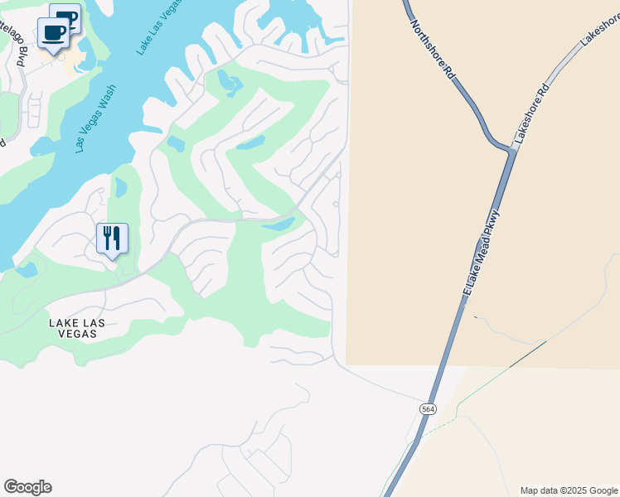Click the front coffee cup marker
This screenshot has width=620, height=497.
(x=54, y=34)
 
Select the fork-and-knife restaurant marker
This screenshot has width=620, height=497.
(x=112, y=239)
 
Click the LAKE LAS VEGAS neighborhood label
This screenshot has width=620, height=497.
(x=73, y=328)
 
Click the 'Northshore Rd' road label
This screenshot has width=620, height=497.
(x=434, y=51)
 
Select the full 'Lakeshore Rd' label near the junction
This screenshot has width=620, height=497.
(x=531, y=114)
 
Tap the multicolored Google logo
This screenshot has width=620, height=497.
(x=27, y=487)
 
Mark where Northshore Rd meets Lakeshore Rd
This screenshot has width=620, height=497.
(x=509, y=149)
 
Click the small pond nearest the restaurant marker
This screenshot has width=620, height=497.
(x=120, y=188)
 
